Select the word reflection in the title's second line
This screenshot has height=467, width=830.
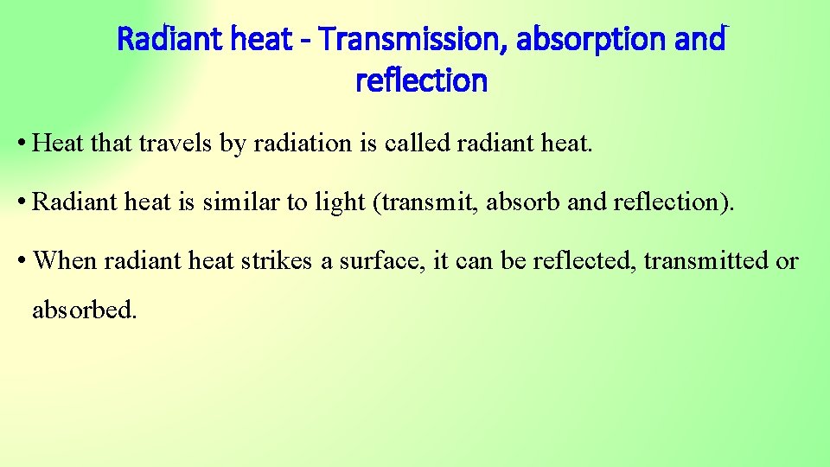click(421, 81)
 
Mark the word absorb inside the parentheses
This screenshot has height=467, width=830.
click(524, 202)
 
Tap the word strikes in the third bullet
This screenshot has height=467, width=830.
click(278, 260)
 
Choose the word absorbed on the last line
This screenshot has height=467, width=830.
click(84, 309)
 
